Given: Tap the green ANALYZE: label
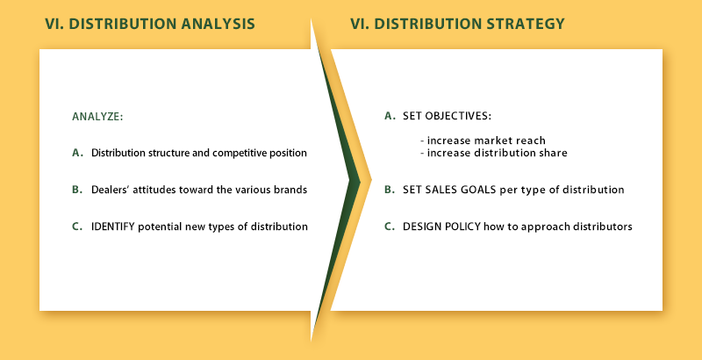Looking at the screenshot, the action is coord(97,117).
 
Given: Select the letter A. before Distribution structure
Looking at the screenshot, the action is coord(78,153).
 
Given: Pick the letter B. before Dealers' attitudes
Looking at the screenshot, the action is coord(78,190).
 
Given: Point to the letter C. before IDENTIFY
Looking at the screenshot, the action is coord(78,227).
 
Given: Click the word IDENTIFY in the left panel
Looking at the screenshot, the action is coord(113,227).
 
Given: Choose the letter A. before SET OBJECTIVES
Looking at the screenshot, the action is coord(390,116).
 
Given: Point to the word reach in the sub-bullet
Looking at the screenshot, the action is coord(532,140).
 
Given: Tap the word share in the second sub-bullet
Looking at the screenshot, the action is coord(555,153).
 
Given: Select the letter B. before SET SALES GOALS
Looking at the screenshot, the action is coord(390,190).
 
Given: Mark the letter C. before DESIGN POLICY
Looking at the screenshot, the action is coord(390,227).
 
